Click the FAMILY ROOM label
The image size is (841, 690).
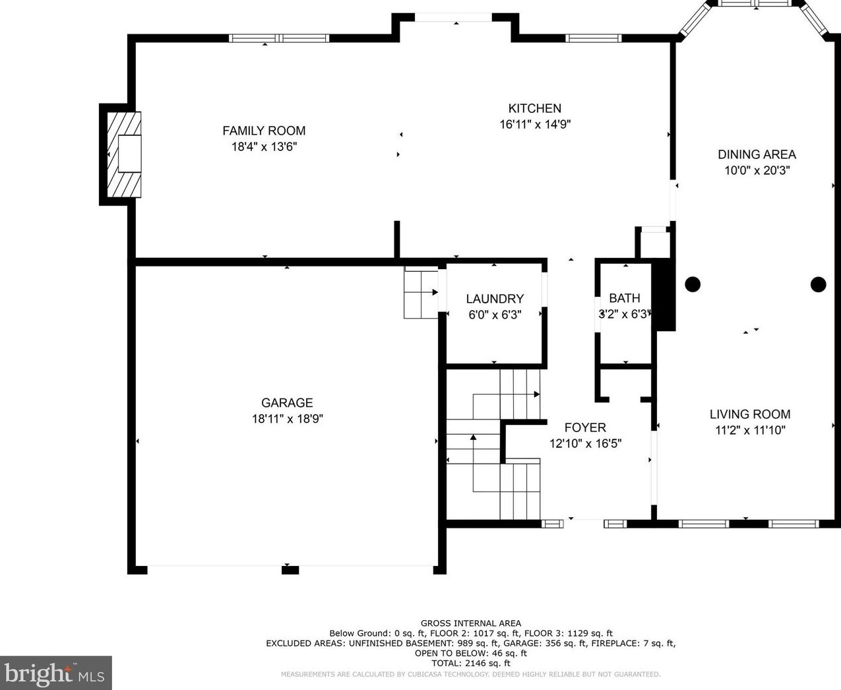click(264, 131)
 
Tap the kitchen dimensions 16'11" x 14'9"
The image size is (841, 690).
click(534, 125)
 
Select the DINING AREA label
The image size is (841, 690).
click(757, 154)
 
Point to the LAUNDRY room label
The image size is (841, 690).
click(495, 299)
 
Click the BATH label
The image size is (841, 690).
click(624, 298)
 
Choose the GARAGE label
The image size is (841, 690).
click(287, 402)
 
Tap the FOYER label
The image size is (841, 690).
click(585, 427)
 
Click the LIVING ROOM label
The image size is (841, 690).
click(750, 414)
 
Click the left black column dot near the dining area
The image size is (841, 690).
click(693, 284)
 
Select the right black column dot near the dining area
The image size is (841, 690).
click(818, 284)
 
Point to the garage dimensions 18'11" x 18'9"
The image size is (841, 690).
click(287, 419)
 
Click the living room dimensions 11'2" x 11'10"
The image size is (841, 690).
click(750, 431)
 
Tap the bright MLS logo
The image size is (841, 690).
click(55, 674)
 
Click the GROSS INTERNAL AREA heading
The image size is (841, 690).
click(471, 623)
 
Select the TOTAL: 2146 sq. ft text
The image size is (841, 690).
click(471, 663)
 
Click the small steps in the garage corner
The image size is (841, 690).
click(421, 293)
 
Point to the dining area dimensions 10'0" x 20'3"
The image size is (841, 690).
click(757, 170)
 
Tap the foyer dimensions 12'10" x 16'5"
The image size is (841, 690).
click(585, 444)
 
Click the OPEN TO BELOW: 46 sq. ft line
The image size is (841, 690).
click(471, 653)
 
